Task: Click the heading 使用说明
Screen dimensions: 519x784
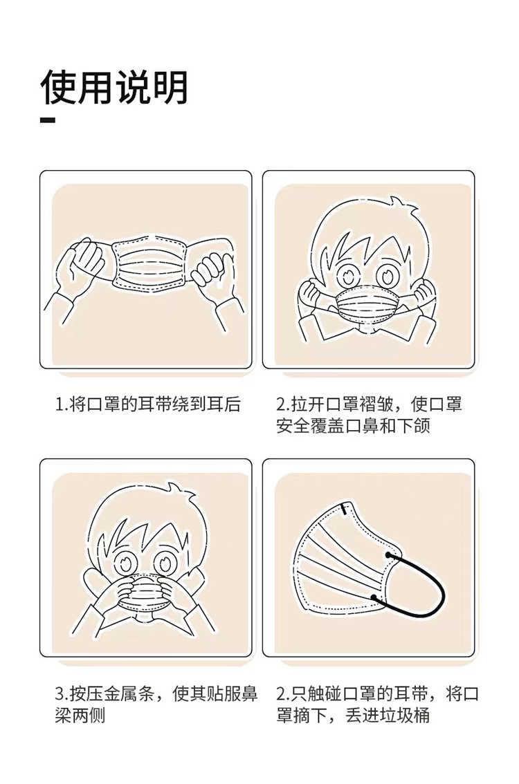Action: [114, 88]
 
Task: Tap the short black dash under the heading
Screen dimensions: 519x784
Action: [48, 120]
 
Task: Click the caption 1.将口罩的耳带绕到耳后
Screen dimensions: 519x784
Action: [147, 404]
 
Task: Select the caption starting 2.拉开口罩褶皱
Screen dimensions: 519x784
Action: [369, 415]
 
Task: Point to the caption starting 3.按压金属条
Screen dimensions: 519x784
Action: [156, 704]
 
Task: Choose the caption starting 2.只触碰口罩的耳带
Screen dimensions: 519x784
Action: [377, 704]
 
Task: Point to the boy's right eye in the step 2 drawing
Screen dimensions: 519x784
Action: [386, 274]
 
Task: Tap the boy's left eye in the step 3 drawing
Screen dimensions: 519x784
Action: [124, 563]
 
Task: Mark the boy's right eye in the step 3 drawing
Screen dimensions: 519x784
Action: [164, 563]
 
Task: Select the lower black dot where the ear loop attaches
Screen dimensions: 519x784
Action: [374, 598]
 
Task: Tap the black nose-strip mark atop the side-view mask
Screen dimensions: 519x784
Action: [345, 509]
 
